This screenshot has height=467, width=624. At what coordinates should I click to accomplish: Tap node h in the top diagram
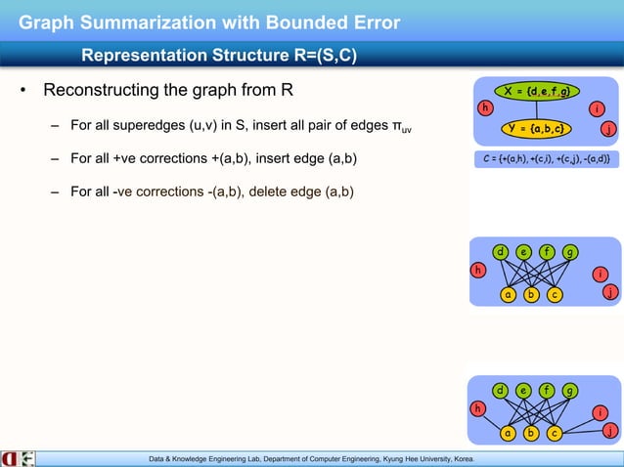[x=482, y=108]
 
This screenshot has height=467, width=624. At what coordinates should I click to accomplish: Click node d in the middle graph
[x=501, y=252]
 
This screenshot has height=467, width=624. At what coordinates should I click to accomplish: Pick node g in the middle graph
[x=569, y=252]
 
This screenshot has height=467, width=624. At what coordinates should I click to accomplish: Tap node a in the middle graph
[x=508, y=293]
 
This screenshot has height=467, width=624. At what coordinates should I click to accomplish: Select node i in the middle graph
[x=599, y=275]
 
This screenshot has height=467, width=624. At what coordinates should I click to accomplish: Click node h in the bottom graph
[x=478, y=407]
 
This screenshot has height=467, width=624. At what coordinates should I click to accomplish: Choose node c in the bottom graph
[x=554, y=432]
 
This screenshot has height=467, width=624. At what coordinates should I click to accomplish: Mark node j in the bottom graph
[x=608, y=431]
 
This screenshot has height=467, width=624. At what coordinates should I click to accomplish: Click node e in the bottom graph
[x=524, y=391]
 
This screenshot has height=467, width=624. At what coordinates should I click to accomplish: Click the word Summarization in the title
[x=156, y=21]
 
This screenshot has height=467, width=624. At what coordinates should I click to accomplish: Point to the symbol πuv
[x=402, y=128]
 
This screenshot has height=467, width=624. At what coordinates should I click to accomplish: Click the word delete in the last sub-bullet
[x=269, y=191]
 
